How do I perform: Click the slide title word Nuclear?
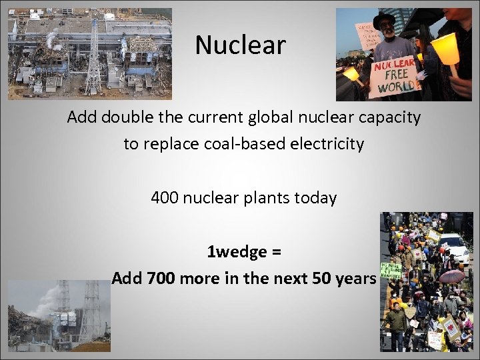click(240, 45)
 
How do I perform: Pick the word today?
click(313, 198)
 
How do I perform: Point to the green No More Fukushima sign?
click(390, 271)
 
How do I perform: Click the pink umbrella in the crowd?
click(453, 276)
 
